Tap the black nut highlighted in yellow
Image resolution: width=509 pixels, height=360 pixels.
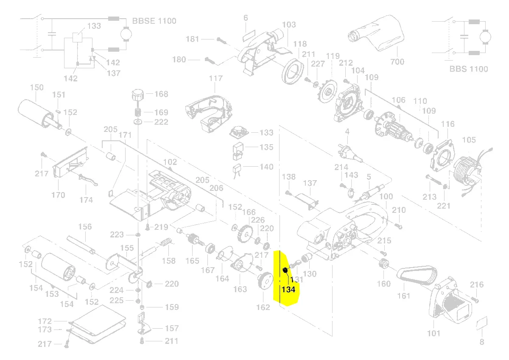point(285,271)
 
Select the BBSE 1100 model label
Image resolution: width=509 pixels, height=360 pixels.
point(154,21)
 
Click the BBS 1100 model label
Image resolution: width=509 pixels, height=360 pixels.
point(469,69)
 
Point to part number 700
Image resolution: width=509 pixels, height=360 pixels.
point(397,62)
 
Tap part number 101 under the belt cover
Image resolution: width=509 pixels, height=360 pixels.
point(433,333)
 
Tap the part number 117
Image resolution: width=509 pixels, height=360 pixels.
point(215,78)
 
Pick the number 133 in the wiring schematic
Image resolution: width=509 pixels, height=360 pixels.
point(94,26)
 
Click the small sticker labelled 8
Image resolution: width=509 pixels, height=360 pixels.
point(482,324)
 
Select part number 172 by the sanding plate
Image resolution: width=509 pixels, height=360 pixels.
point(45,321)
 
